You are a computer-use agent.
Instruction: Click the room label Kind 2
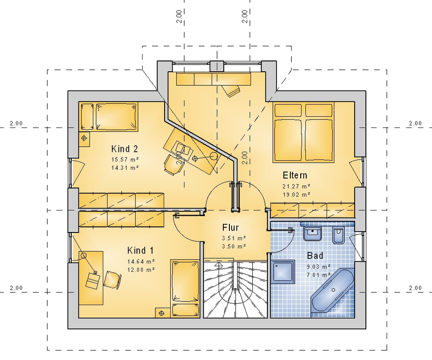(x=124, y=149)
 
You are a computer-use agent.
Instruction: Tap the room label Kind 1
(x=140, y=250)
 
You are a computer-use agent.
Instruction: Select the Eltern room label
(x=295, y=175)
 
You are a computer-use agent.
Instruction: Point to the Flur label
(x=230, y=228)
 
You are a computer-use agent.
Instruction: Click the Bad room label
(x=315, y=255)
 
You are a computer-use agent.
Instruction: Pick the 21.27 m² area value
(x=296, y=187)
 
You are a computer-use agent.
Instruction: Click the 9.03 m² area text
(x=319, y=267)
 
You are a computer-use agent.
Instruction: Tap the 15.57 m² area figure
(x=125, y=159)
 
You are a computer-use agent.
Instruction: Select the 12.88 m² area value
(x=141, y=270)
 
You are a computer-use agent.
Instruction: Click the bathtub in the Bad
(x=332, y=290)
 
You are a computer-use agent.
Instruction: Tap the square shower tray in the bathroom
(x=283, y=271)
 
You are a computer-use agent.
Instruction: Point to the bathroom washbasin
(x=312, y=233)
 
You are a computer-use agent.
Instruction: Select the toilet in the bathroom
(x=338, y=235)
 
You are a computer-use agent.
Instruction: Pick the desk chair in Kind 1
(x=113, y=279)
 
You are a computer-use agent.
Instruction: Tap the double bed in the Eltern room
(x=303, y=132)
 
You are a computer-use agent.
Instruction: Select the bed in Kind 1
(x=185, y=288)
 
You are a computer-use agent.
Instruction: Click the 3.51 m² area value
(x=234, y=238)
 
